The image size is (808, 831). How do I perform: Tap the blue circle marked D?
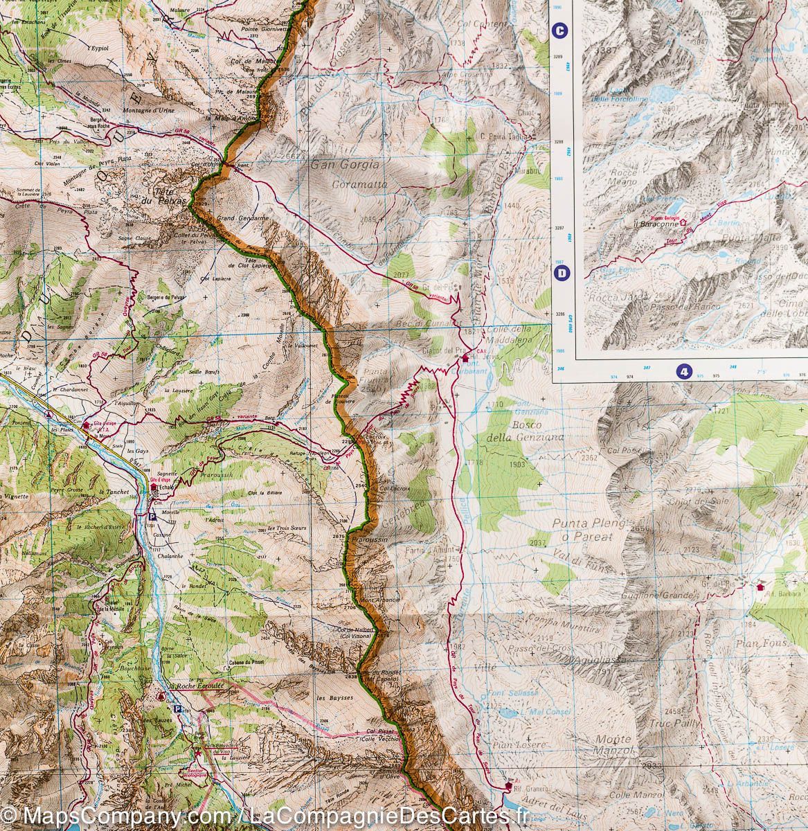[561, 274]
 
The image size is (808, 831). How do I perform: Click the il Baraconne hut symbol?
[683, 222]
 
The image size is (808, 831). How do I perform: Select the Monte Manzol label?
[613, 744]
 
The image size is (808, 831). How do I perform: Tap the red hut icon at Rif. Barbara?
[762, 586]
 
